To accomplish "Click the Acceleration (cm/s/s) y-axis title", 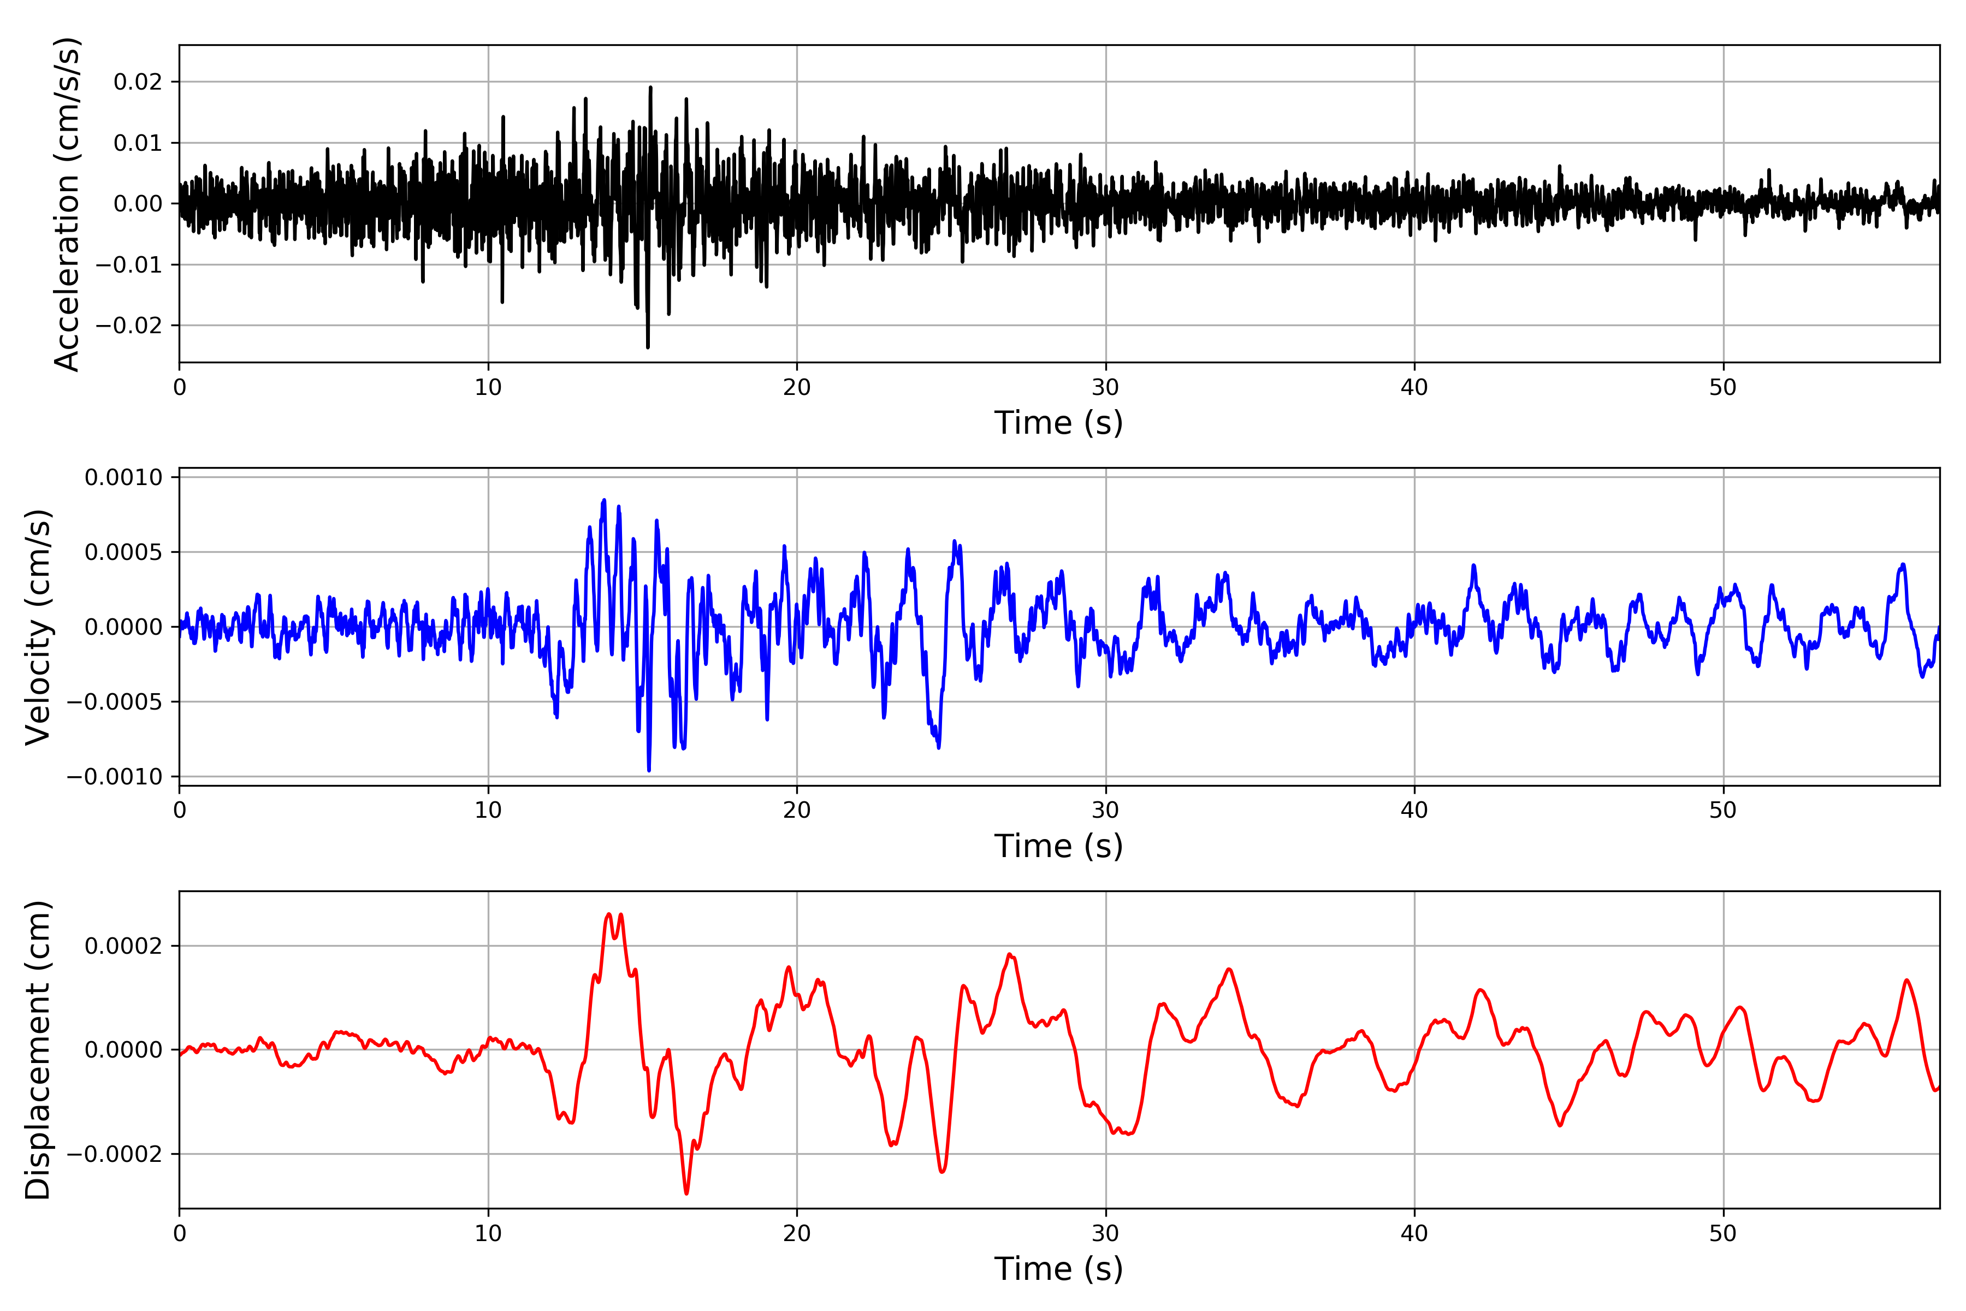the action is (66, 204).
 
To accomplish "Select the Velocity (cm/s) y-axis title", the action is (38, 627).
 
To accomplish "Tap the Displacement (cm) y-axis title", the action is (38, 1050).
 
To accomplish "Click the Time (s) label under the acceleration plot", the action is (1058, 423).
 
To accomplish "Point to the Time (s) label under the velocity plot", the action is (1058, 846).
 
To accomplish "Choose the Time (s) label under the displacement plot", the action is (1058, 1269).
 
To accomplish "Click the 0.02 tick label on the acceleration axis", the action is (138, 82).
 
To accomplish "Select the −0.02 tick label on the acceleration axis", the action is (129, 325).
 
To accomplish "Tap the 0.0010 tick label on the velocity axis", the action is (124, 477).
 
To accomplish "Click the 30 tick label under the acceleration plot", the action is (1105, 388).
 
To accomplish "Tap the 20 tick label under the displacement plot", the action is (797, 1234).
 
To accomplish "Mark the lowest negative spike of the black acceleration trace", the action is (648, 347).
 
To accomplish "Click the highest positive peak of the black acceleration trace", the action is (650, 87).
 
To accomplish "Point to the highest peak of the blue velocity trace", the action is (605, 500).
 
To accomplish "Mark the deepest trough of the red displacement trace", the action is (686, 1193).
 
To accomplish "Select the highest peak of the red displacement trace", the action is (608, 914).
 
